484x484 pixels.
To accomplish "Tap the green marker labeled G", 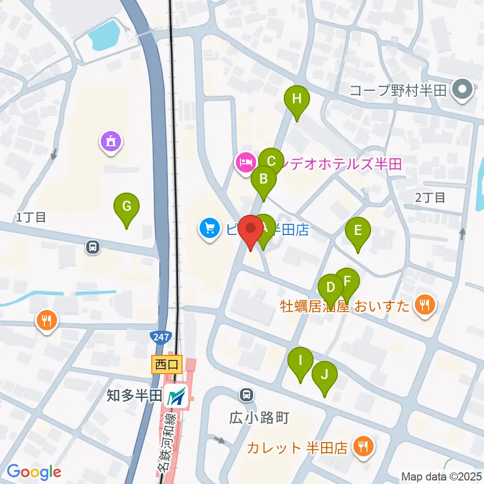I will pos(127,207).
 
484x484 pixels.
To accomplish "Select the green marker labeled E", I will pos(358,231).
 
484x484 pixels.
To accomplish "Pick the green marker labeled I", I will pos(300,361).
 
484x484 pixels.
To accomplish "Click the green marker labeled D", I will pos(331,288).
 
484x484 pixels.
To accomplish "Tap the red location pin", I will pos(251,229).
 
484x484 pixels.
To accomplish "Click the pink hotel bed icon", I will pos(245,163).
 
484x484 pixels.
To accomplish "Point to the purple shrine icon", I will pos(111,141).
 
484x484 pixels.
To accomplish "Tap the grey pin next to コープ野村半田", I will pos(461,91).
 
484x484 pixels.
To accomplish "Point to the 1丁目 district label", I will pos(31,218).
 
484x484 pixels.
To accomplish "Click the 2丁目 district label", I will pos(430,197).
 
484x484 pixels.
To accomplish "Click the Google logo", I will pos(34,472).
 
